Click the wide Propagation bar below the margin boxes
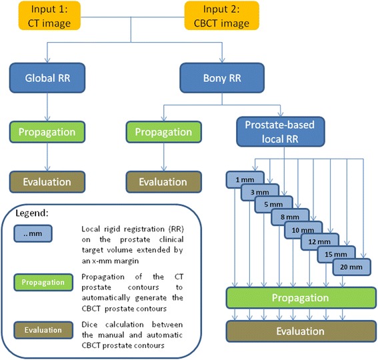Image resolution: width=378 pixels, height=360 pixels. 297,297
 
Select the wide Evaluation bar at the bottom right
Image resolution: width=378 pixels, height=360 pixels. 297,331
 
